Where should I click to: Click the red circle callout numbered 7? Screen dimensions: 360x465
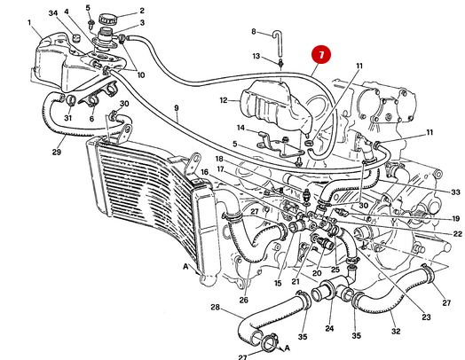coord(320,54)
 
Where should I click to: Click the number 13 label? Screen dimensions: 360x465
coord(256,57)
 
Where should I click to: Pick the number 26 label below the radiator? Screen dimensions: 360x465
coord(242,299)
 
